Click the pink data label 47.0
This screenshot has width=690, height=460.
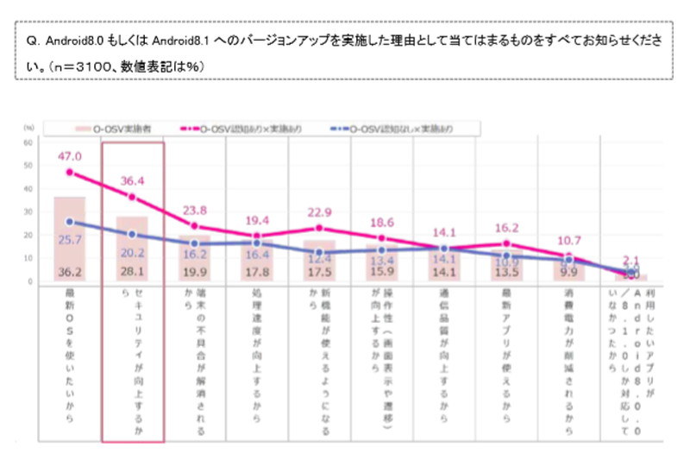[x=69, y=156]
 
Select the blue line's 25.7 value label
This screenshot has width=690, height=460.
[x=69, y=237]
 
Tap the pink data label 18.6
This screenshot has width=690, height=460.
[x=382, y=223]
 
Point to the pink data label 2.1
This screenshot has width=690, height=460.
[x=630, y=261]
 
